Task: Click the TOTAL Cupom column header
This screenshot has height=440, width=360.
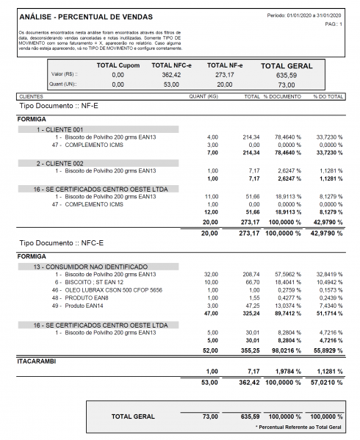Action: [118, 65]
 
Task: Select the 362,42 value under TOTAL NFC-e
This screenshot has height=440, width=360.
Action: [171, 75]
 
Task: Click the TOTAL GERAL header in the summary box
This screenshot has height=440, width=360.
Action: [286, 66]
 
